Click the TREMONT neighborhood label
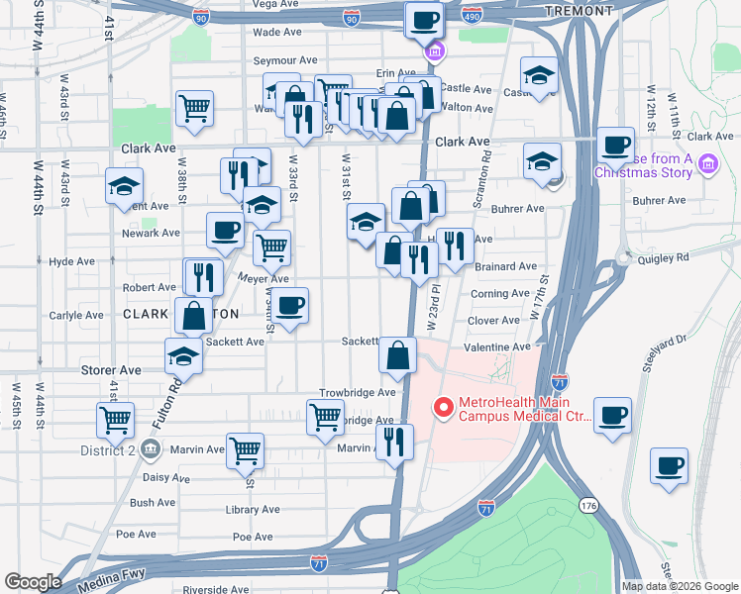coord(579,10)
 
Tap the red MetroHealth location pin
coord(443,407)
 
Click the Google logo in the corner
coord(33,582)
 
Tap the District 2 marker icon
coord(150,449)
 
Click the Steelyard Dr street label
coord(678,357)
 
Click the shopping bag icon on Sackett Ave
coord(396,357)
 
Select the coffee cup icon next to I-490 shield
coord(424,19)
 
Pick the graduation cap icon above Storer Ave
coord(183,356)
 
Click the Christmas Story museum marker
coord(708,163)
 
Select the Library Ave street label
coord(254,510)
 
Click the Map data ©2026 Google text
coord(679,586)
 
